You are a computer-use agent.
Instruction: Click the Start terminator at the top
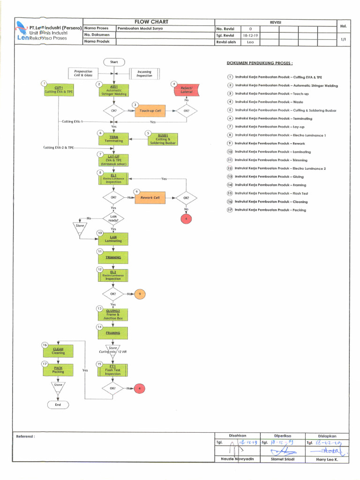pos(114,62)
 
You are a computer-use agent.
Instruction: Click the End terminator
pos(58,405)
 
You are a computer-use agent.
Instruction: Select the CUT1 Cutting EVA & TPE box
pos(59,90)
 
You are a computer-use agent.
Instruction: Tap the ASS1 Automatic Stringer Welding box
pos(114,90)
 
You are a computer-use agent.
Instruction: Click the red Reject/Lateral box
pos(187,90)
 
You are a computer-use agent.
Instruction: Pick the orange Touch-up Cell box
pos(150,111)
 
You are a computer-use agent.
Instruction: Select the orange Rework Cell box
pos(150,198)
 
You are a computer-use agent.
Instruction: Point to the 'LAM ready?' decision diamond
pos(113,218)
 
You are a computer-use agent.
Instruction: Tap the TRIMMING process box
pos(113,257)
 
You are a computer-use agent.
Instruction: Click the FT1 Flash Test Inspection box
pos(112,370)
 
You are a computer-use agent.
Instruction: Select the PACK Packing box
pos(58,370)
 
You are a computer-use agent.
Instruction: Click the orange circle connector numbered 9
pos(140,294)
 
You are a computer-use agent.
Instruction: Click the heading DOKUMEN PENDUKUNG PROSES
pos(260,63)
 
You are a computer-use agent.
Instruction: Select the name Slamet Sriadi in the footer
pos(283,459)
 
